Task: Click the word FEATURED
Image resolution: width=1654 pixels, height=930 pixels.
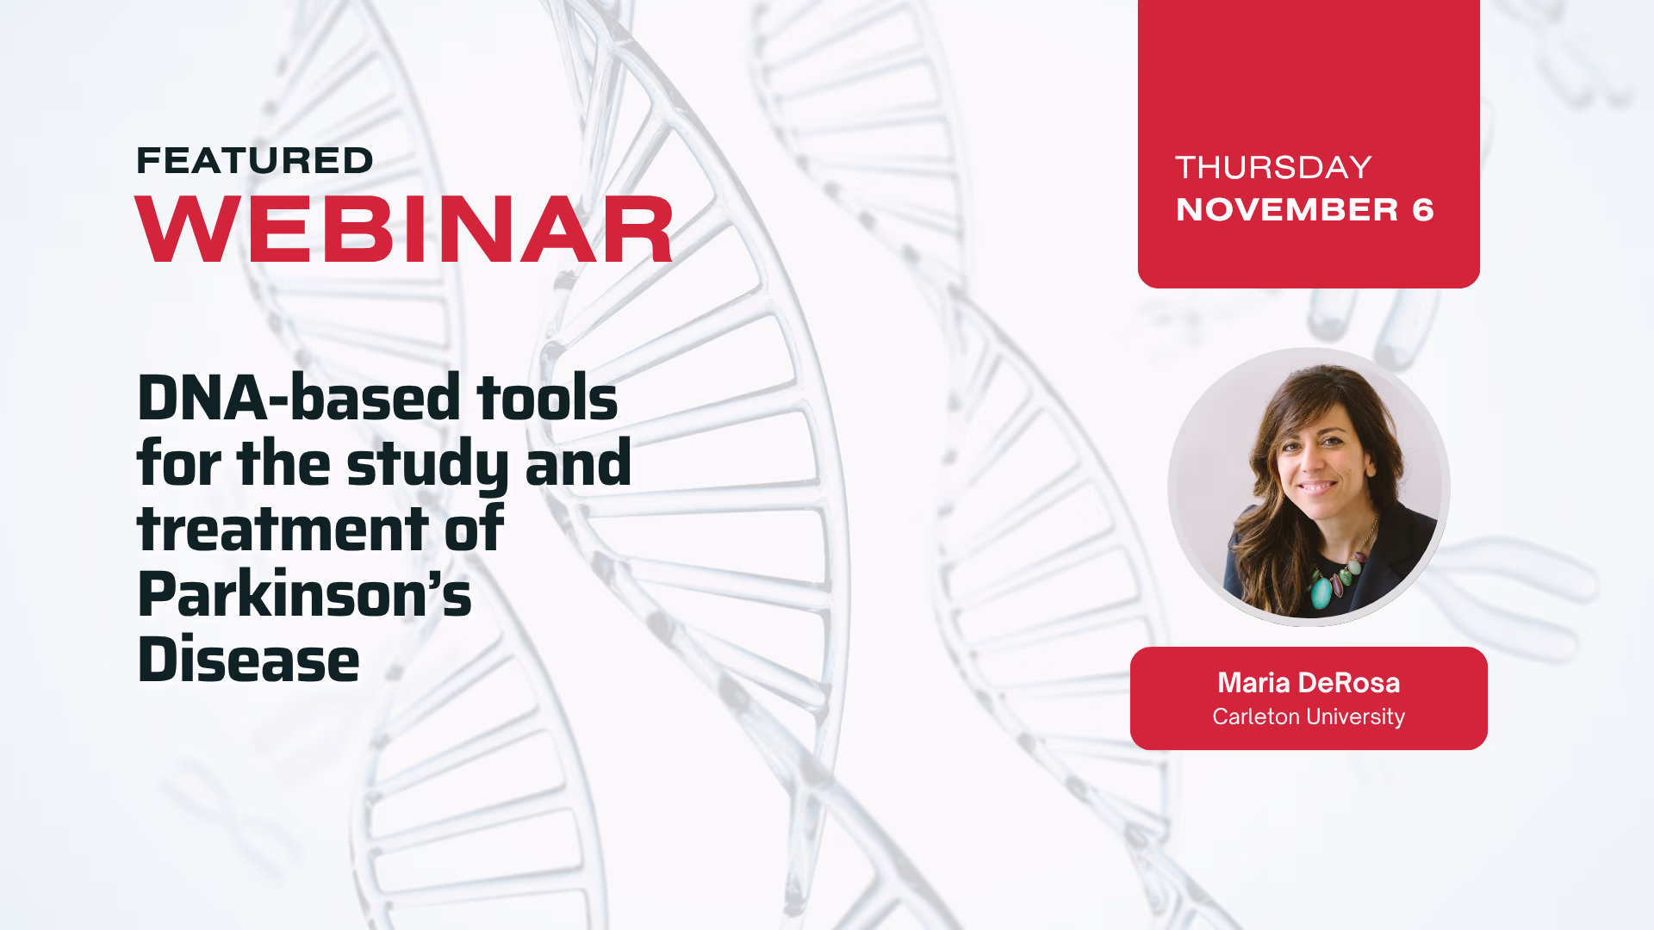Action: tap(255, 161)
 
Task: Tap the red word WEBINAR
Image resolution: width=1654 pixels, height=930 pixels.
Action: tap(404, 229)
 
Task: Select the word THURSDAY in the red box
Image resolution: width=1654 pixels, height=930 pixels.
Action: tap(1273, 167)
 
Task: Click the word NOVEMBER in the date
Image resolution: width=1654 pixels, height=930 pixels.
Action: tap(1287, 210)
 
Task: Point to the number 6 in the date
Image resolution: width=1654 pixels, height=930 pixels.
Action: tap(1423, 210)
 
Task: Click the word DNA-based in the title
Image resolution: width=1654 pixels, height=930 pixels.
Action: tap(299, 398)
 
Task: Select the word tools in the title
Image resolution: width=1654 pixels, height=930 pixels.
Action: tap(547, 398)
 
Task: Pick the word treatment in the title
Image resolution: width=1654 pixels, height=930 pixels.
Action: tap(283, 529)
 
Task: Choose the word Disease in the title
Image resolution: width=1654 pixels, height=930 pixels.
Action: tap(248, 660)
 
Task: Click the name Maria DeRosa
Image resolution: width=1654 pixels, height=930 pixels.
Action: tap(1309, 683)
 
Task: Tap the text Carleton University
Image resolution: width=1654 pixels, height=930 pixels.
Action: tap(1309, 716)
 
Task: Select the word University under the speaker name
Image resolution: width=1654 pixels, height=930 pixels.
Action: tap(1356, 716)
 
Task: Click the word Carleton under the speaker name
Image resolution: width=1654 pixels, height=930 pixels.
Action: tap(1256, 716)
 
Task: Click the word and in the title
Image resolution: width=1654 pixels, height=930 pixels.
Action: tap(578, 463)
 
